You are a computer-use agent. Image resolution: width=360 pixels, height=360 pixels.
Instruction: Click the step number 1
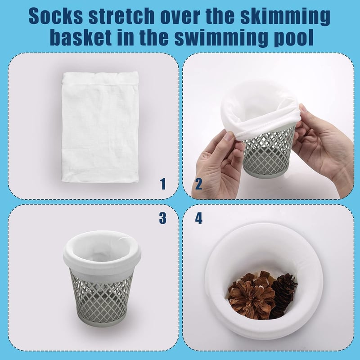click(163, 184)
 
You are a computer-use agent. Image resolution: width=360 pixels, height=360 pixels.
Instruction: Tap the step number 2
click(198, 184)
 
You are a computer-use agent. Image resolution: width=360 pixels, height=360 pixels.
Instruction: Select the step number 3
click(162, 218)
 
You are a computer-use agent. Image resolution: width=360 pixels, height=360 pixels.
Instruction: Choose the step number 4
click(198, 218)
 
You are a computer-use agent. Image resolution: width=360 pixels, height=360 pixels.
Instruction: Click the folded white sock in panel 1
click(100, 127)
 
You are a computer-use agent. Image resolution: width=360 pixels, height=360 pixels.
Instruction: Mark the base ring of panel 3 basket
click(102, 321)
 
